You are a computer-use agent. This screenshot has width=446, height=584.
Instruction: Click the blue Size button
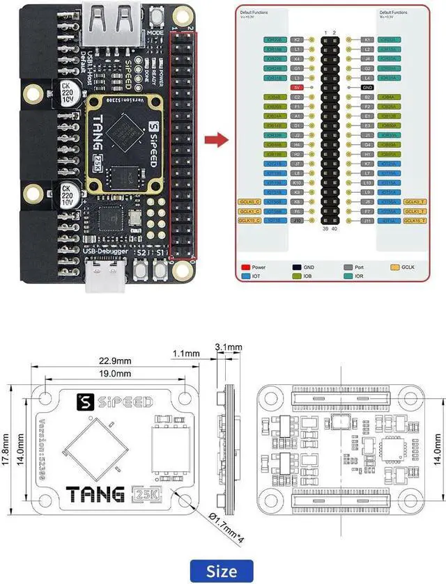(x=221, y=571)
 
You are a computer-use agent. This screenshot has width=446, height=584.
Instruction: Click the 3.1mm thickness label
(x=229, y=346)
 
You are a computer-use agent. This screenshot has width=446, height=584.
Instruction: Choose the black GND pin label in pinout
(x=368, y=87)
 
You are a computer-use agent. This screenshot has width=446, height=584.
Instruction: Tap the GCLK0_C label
(x=249, y=201)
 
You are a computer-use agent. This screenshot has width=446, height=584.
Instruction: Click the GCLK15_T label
(x=414, y=220)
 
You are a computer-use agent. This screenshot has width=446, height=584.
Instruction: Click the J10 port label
(x=298, y=220)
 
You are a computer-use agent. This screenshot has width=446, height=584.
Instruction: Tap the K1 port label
(x=367, y=40)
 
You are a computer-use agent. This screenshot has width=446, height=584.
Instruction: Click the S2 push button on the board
(x=142, y=269)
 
